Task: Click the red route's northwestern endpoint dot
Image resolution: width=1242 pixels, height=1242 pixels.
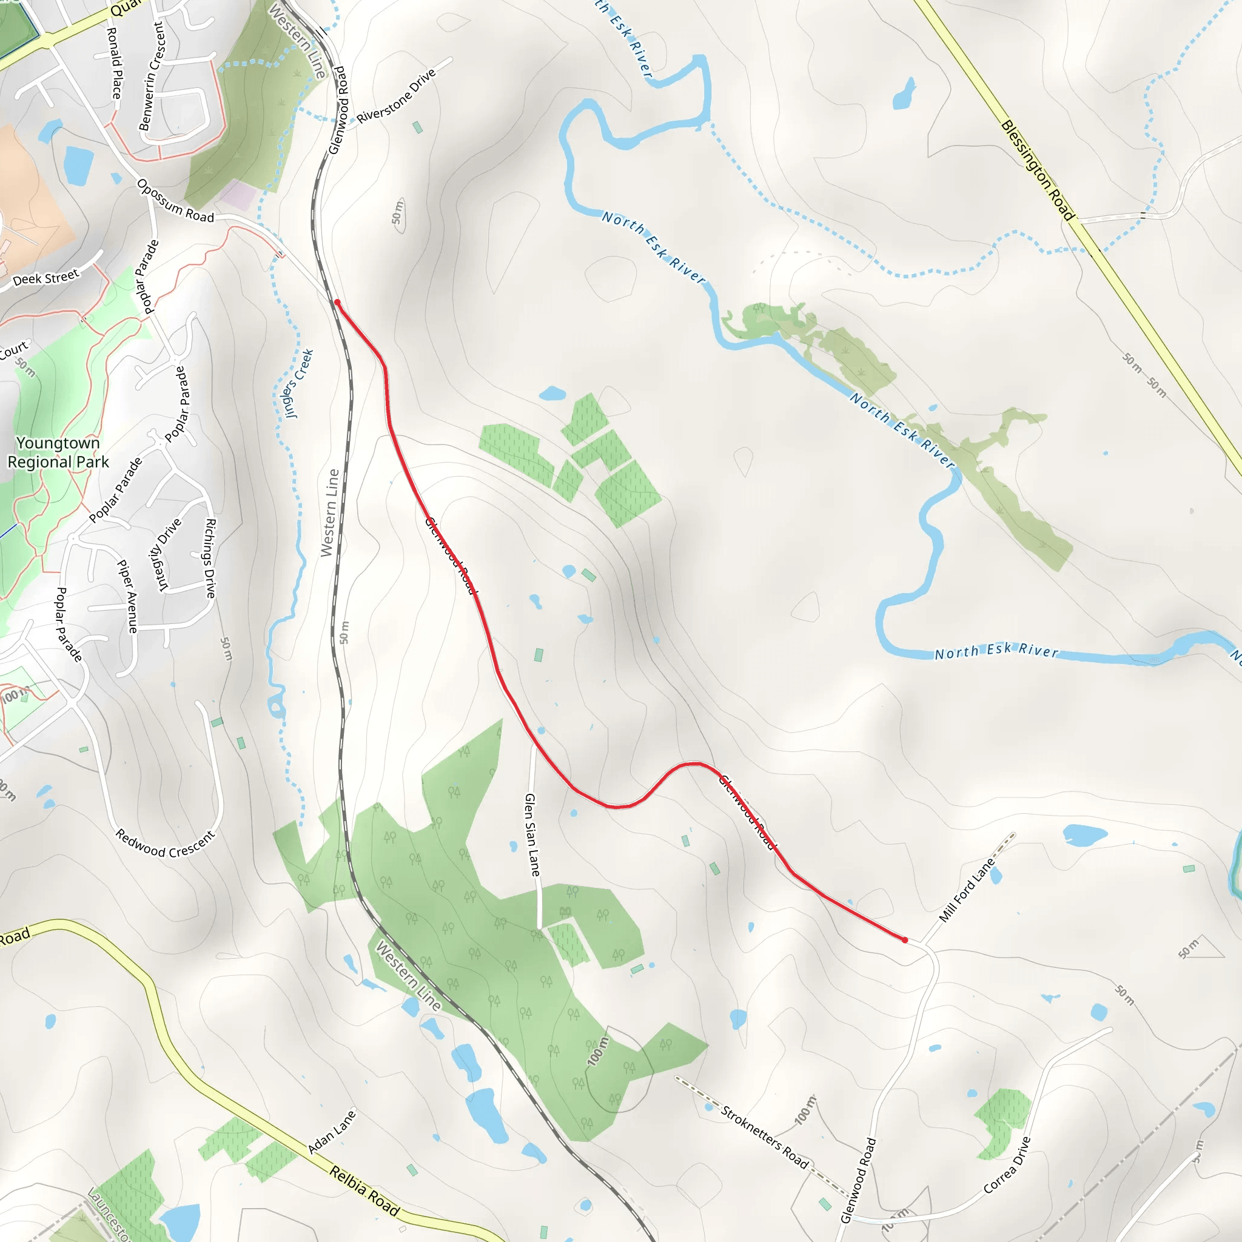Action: coord(337,302)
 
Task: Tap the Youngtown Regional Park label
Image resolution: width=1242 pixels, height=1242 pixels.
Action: coord(58,452)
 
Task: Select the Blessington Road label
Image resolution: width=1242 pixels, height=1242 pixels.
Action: coord(1038,170)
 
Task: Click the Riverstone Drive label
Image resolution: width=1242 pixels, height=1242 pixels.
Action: coord(396,96)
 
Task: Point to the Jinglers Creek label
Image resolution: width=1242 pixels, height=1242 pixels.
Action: coord(299,384)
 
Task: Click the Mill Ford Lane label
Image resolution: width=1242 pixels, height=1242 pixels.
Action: coord(967,890)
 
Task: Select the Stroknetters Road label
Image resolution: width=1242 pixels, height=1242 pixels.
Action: coord(764,1136)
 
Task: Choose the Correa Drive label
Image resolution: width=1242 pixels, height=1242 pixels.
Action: coord(1007,1165)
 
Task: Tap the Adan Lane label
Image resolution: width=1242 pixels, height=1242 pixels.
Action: coord(332,1132)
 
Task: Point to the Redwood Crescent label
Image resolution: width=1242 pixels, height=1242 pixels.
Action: coord(164,844)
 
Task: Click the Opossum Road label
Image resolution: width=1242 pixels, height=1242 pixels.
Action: coord(175,202)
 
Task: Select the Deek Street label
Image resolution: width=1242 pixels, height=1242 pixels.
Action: coord(45,278)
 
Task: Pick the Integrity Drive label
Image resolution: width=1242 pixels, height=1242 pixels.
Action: coord(170,554)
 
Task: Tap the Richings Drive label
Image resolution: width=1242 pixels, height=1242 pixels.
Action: coord(210,558)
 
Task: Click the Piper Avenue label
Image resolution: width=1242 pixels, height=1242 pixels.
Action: coord(127,596)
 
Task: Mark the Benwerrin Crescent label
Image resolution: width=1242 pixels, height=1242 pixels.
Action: coord(152,76)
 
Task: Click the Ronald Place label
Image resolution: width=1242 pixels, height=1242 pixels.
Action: coord(114,63)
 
